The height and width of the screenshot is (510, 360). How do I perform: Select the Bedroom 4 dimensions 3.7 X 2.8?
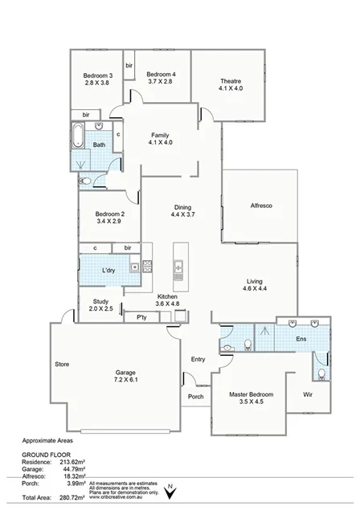[x=162, y=82]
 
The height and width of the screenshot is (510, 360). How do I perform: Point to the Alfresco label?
[x=262, y=206]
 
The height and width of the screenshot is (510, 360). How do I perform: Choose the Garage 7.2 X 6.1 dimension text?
[x=125, y=381]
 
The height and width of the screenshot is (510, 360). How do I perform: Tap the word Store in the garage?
[x=62, y=365]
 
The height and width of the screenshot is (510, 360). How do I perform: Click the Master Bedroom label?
[x=251, y=394]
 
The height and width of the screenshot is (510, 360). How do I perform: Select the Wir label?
[x=307, y=395]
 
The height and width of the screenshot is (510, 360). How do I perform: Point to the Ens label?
[x=301, y=340]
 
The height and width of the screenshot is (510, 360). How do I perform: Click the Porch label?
[x=195, y=397]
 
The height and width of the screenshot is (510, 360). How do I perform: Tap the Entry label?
[x=198, y=359]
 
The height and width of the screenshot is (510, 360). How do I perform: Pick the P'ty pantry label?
[x=141, y=318]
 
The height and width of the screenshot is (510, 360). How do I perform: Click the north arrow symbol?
[x=170, y=489]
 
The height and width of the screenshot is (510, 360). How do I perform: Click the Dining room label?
[x=183, y=206]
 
